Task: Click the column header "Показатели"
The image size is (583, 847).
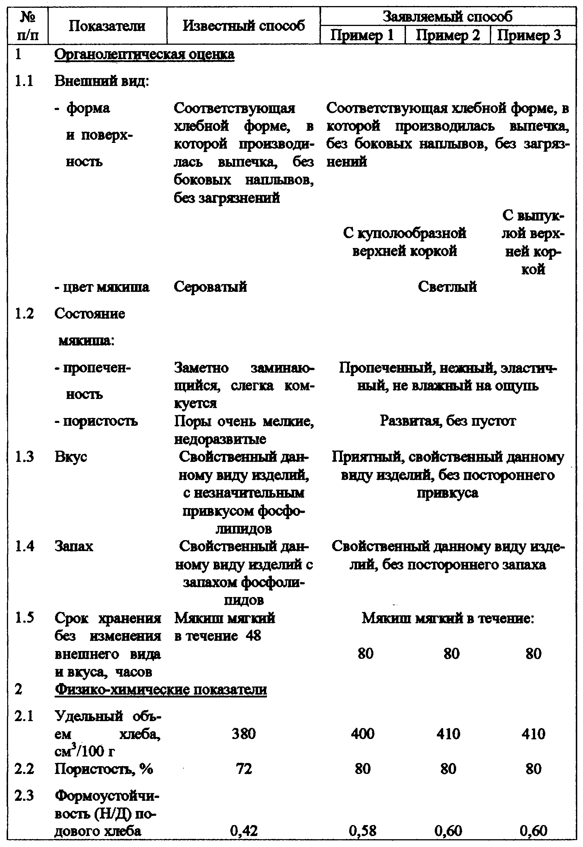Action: (107, 26)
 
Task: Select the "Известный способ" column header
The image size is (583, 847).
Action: (244, 26)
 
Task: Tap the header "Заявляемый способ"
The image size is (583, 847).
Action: (447, 16)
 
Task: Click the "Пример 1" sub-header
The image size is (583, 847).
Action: (362, 36)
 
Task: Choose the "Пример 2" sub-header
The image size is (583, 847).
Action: (447, 36)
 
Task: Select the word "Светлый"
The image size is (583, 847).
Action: (447, 286)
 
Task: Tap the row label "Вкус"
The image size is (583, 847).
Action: (71, 457)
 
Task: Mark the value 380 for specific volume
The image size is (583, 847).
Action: (244, 734)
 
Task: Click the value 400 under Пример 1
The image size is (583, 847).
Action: (362, 734)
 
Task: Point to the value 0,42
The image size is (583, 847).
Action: (244, 831)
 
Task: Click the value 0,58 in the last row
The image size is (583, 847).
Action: (362, 831)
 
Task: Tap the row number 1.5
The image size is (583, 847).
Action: (24, 618)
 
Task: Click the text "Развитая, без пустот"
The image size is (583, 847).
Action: (447, 421)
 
